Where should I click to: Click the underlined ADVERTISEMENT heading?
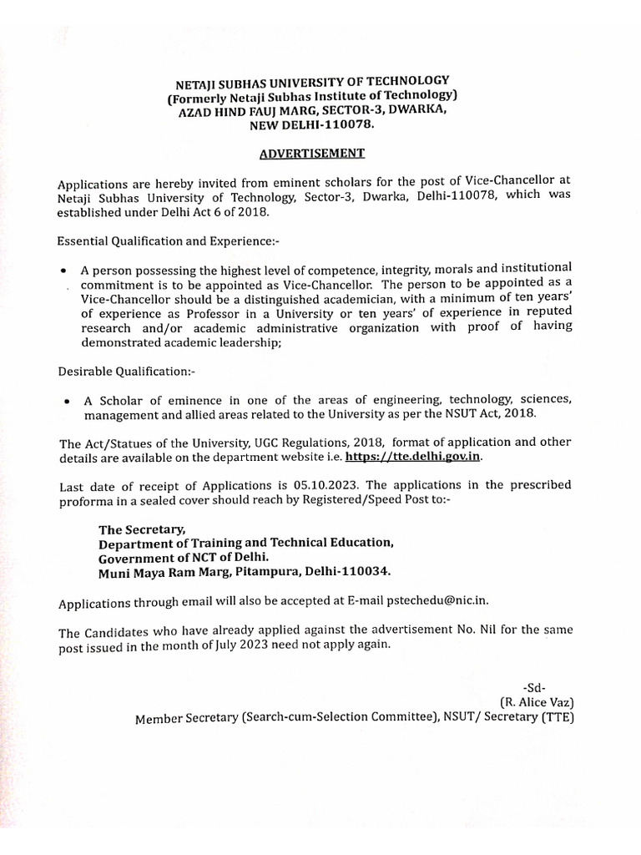(x=310, y=153)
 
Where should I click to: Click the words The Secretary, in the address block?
(x=141, y=529)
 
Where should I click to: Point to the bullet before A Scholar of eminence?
(x=66, y=402)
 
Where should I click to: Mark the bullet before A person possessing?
(x=65, y=272)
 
